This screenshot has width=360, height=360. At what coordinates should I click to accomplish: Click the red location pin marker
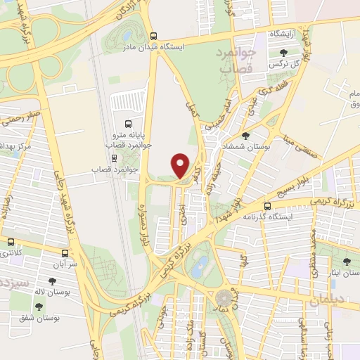pyautogui.click(x=181, y=165)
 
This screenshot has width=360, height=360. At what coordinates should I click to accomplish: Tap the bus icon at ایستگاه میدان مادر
pyautogui.click(x=153, y=35)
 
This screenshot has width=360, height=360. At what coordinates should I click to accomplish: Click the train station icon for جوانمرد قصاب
pyautogui.click(x=115, y=157)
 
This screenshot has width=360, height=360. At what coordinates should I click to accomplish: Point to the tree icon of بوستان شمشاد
pyautogui.click(x=245, y=136)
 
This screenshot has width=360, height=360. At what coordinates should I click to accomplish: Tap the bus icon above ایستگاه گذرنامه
pyautogui.click(x=267, y=206)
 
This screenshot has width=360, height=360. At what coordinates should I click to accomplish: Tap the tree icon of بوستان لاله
pyautogui.click(x=52, y=281)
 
